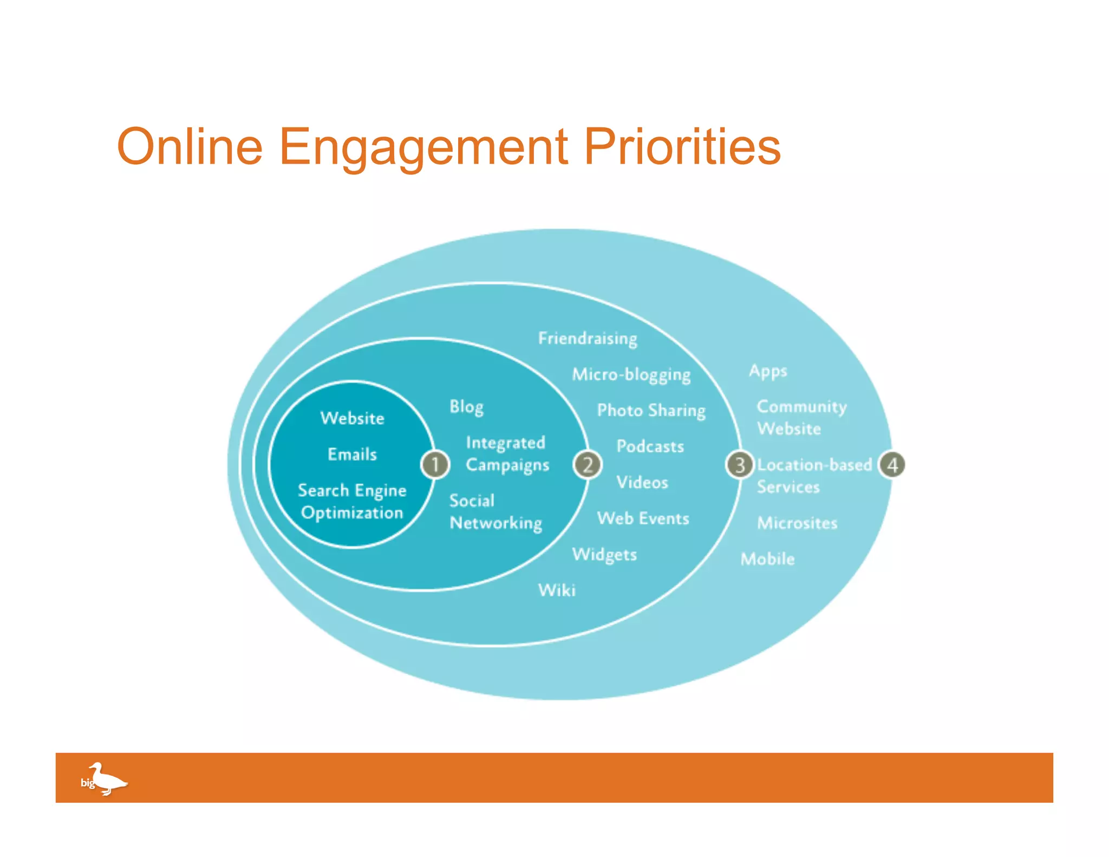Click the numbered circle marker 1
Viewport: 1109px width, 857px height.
[x=435, y=464]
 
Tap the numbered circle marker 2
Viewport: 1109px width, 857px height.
[x=588, y=464]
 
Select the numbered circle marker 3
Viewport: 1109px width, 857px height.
[x=740, y=464]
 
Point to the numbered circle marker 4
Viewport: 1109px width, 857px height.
[x=892, y=464]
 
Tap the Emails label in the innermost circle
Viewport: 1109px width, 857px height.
[x=352, y=454]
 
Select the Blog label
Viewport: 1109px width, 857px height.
[x=466, y=407]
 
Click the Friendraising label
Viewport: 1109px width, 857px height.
[x=588, y=339]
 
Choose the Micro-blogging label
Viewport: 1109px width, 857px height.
[x=631, y=375]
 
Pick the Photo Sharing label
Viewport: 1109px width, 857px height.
[x=651, y=411]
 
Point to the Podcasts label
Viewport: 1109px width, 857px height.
[x=650, y=446]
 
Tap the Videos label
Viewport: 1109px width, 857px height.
[x=642, y=482]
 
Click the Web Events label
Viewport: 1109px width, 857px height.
[x=643, y=518]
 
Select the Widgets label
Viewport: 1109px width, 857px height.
[x=604, y=555]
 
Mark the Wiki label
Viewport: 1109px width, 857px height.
[x=557, y=590]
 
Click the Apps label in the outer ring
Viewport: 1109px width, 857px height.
[x=768, y=372]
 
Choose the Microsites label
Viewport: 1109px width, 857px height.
[x=797, y=523]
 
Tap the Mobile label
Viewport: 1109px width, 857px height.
[x=768, y=559]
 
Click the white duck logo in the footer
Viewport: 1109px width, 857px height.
[x=106, y=779]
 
